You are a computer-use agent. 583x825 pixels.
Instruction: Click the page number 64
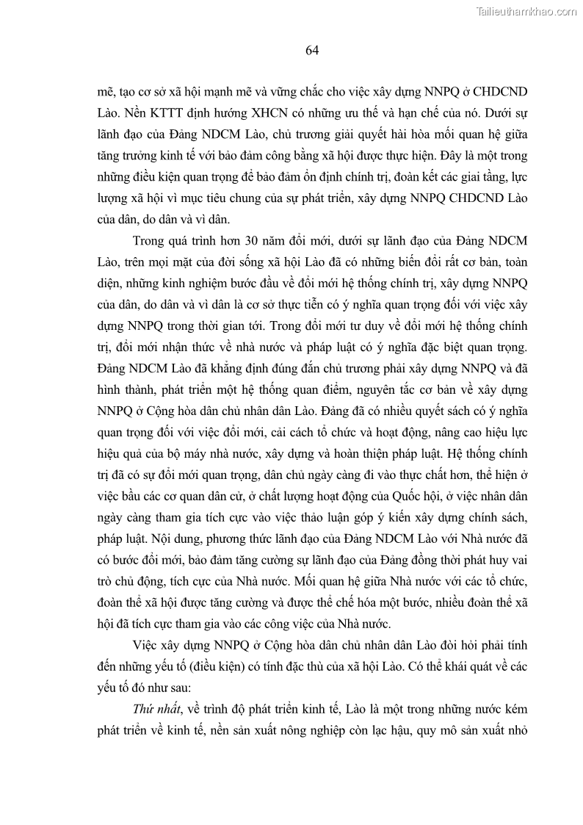311,51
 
